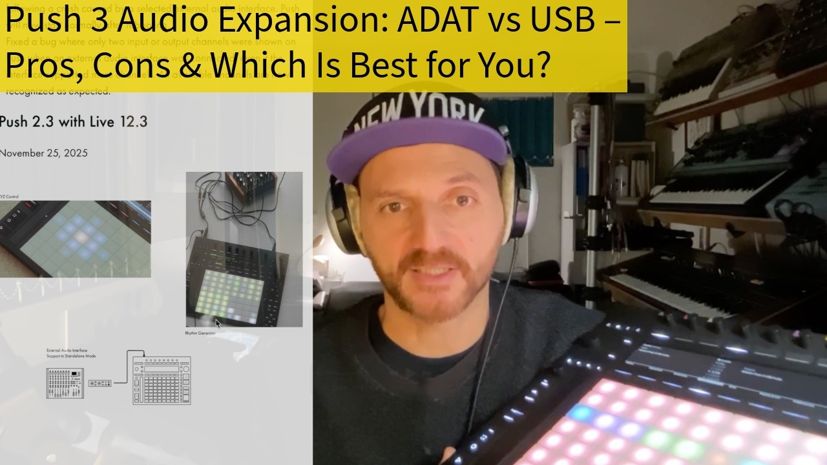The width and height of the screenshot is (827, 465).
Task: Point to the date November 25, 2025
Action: click(x=43, y=153)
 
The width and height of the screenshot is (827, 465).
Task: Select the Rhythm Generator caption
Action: click(x=200, y=333)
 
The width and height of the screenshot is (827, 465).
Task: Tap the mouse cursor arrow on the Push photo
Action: click(x=218, y=323)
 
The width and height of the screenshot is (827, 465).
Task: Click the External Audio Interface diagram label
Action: click(x=71, y=352)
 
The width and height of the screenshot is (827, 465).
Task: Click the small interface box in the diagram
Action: click(x=99, y=383)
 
